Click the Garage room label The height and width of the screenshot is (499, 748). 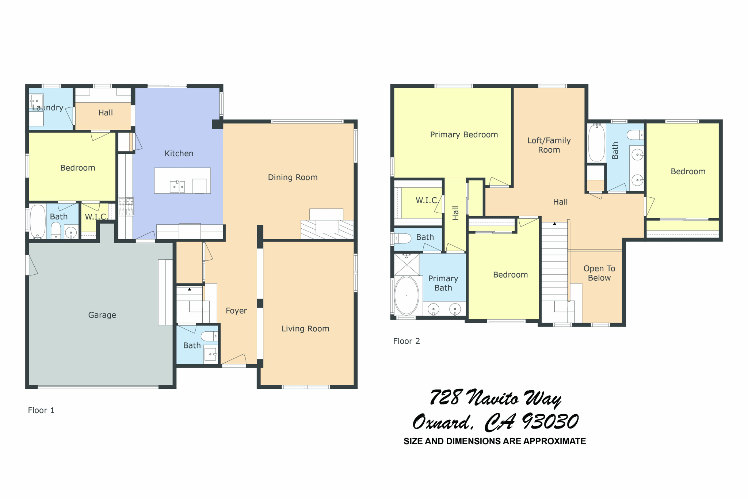102,315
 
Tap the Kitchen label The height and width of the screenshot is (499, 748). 179,153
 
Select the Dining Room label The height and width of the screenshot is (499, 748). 293,177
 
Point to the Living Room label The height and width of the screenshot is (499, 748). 305,328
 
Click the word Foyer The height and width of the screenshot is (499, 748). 236,311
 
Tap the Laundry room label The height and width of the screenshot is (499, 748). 47,108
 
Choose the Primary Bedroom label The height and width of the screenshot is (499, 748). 464,134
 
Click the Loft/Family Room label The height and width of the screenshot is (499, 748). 549,145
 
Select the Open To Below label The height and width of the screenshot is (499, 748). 599,273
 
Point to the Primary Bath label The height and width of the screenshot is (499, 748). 443,283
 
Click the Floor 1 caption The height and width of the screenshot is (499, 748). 41,410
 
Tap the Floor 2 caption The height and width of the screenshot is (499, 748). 407,341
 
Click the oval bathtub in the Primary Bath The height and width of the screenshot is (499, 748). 407,295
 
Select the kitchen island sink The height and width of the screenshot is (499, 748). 177,187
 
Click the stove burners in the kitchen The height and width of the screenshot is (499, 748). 126,207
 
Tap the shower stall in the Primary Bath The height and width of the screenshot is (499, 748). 407,264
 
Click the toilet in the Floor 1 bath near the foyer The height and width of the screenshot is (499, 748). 209,336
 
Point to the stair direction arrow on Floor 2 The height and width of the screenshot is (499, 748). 554,224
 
